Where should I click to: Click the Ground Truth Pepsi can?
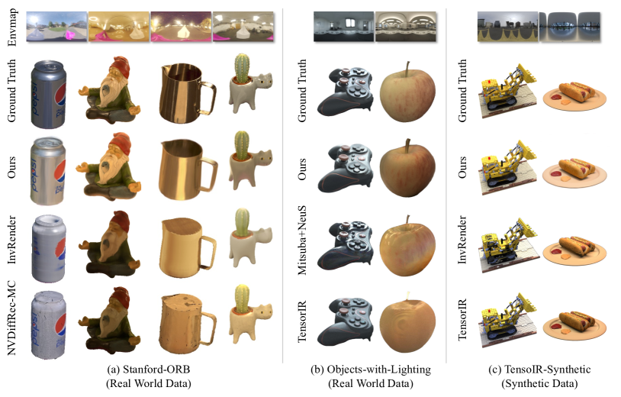pyautogui.click(x=48, y=95)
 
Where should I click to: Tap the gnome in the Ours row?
pyautogui.click(x=110, y=167)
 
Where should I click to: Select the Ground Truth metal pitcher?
pyautogui.click(x=186, y=92)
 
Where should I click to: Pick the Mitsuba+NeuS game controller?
pyautogui.click(x=346, y=246)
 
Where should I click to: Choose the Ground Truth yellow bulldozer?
pyautogui.click(x=507, y=90)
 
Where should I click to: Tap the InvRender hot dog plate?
pyautogui.click(x=574, y=250)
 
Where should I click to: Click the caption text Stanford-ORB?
pyautogui.click(x=156, y=370)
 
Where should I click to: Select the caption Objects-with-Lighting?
pyautogui.click(x=378, y=370)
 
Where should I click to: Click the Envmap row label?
pyautogui.click(x=12, y=27)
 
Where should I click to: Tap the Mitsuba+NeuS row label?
pyautogui.click(x=302, y=240)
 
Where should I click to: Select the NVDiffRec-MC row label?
pyautogui.click(x=12, y=318)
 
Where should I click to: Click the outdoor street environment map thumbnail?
pyautogui.click(x=56, y=27)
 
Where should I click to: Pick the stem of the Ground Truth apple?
pyautogui.click(x=407, y=69)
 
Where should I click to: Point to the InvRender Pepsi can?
pyautogui.click(x=48, y=248)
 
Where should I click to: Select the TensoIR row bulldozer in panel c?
pyautogui.click(x=507, y=321)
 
